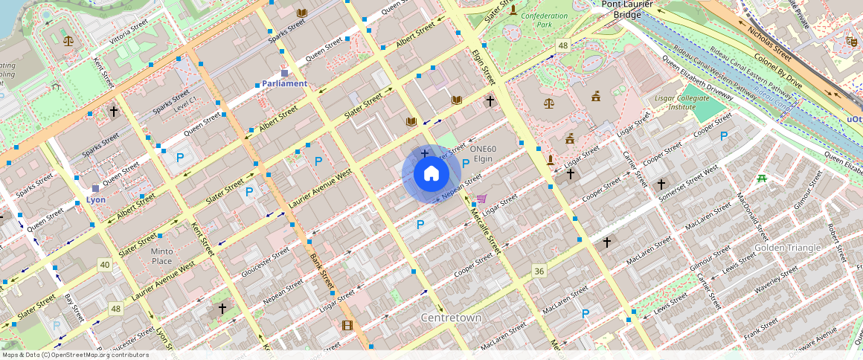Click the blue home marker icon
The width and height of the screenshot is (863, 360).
coord(431,174)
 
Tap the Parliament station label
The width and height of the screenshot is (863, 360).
coord(284,83)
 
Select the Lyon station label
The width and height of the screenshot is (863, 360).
coord(95,199)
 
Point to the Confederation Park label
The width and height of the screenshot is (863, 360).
coord(544,20)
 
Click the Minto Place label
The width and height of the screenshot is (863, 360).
coord(161,256)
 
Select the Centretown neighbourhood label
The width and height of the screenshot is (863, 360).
coord(451,318)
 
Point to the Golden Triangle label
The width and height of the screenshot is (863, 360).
coord(787,247)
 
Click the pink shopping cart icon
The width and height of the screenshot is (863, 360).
coord(481,199)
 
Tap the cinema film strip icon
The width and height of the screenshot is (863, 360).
coord(347,325)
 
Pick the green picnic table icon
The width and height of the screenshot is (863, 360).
coord(761,179)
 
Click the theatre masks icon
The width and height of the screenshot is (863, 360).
coord(851,41)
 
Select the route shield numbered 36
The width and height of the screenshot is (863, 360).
coord(539,271)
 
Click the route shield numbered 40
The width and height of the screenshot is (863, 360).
coord(104,265)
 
